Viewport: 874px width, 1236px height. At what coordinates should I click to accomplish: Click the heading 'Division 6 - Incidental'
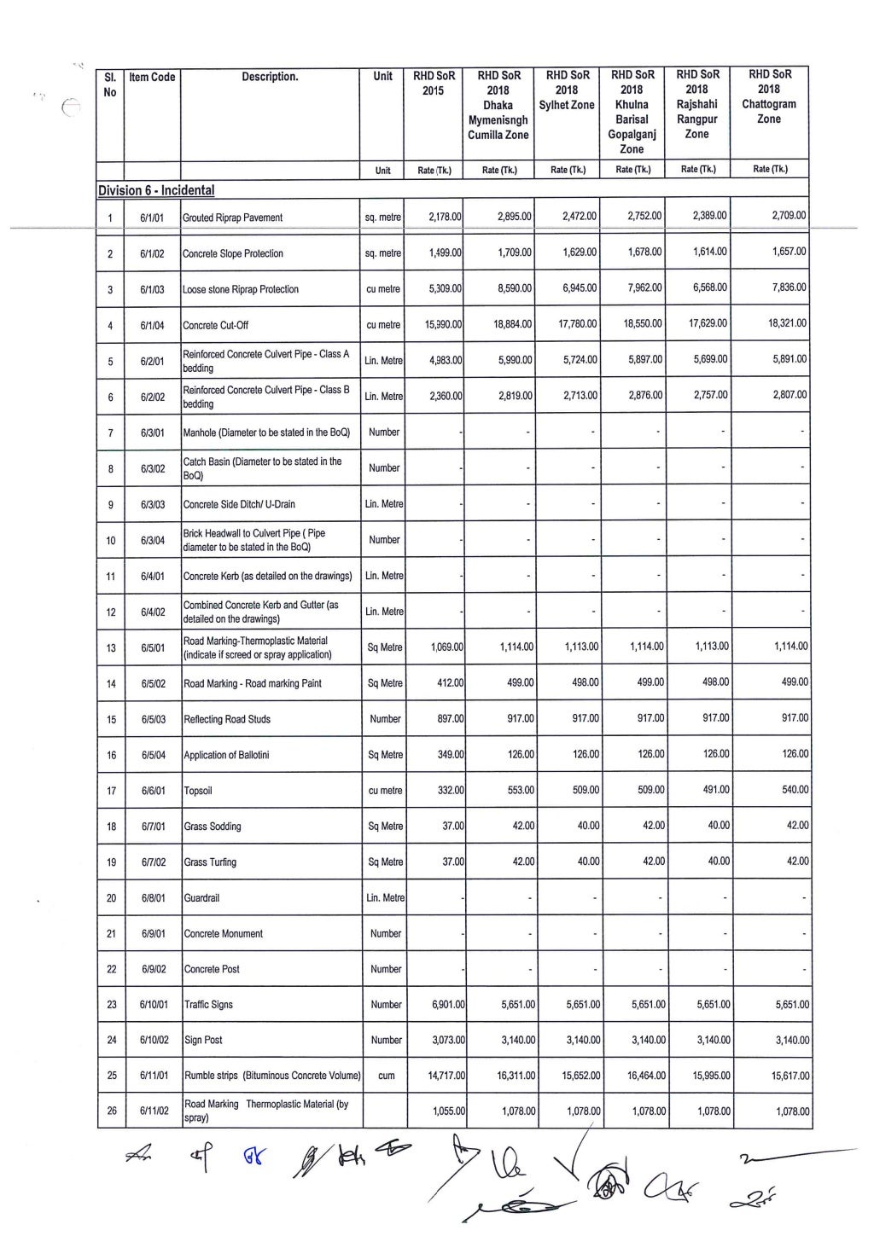click(155, 190)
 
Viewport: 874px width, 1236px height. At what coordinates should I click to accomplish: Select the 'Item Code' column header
click(152, 77)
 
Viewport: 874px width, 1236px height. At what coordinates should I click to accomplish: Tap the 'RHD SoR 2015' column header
click(434, 83)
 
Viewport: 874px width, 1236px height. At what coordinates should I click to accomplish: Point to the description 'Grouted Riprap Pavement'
click(233, 218)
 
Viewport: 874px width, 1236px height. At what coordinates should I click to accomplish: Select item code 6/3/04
click(153, 540)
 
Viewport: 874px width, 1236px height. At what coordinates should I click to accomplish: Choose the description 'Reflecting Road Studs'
click(227, 719)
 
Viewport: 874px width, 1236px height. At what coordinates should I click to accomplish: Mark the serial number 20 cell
click(111, 898)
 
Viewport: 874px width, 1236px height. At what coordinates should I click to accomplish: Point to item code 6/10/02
click(153, 1041)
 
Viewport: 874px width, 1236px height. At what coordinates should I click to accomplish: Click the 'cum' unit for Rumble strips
click(386, 1076)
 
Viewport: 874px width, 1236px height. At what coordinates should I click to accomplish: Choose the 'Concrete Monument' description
click(224, 934)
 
